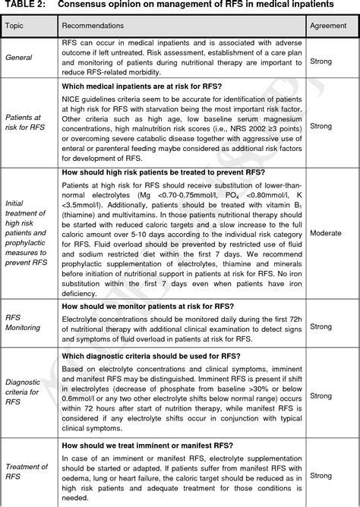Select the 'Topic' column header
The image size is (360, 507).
16,26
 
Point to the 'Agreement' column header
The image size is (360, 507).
329,26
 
